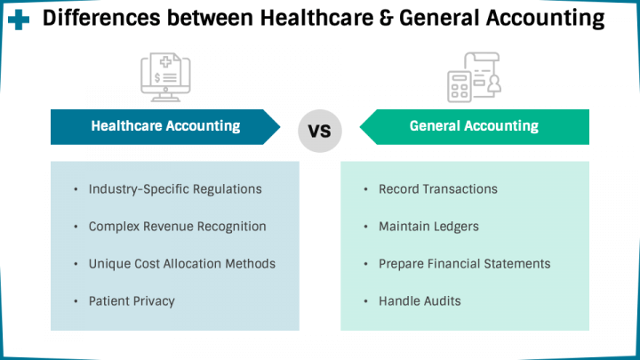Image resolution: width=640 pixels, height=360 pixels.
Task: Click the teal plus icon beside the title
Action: tap(19, 20)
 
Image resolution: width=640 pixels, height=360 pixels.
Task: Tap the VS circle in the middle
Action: tap(319, 131)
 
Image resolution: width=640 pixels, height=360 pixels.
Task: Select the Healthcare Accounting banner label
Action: tap(165, 126)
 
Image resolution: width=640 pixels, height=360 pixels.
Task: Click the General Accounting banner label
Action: tap(474, 126)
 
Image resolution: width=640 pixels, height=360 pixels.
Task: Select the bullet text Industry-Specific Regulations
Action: tap(175, 189)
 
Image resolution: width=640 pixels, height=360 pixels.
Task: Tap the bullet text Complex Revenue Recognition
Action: tap(177, 227)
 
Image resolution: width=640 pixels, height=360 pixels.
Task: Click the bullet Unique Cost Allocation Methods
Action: tap(181, 264)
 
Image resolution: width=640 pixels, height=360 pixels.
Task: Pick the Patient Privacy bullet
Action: tap(132, 301)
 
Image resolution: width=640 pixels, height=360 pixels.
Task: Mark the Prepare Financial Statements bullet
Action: tap(464, 264)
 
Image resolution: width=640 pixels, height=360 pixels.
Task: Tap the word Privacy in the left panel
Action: tap(153, 301)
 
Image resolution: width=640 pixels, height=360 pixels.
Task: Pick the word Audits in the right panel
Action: tap(440, 301)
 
